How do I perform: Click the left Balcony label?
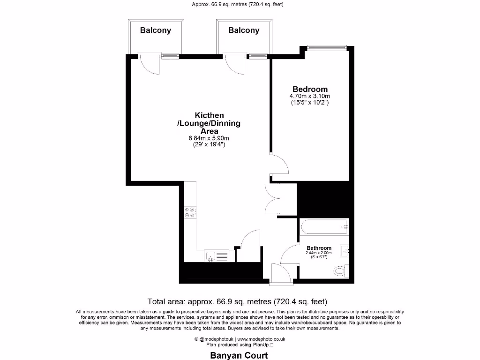click(156, 30)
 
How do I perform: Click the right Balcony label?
click(244, 30)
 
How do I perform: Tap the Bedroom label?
click(310, 89)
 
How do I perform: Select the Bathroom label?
click(319, 248)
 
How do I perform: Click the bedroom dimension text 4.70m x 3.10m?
click(310, 97)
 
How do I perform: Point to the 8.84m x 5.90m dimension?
click(209, 138)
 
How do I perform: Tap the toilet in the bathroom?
click(339, 270)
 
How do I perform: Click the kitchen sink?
click(210, 256)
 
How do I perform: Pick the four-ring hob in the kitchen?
click(191, 213)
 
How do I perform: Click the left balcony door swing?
click(150, 65)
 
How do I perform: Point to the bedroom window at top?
click(327, 47)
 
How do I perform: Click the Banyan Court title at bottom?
click(238, 355)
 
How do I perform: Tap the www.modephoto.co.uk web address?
click(262, 339)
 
